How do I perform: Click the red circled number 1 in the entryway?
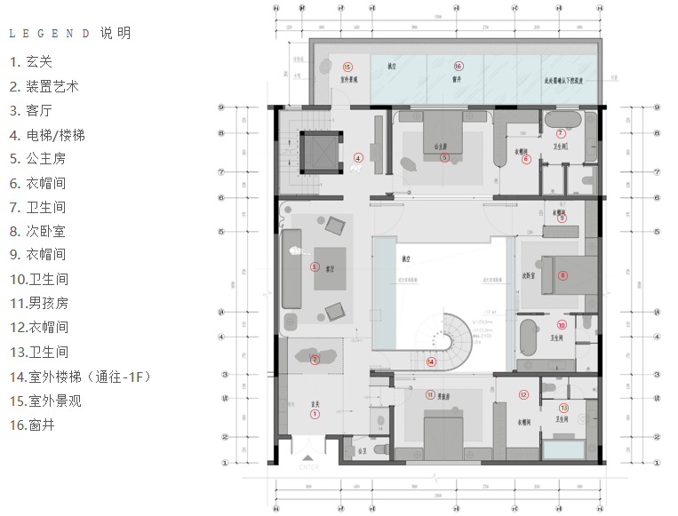coord(314,414)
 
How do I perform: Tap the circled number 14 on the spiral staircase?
coord(431,361)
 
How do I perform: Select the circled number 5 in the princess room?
coord(445,157)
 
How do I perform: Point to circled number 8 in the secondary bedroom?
coord(562,275)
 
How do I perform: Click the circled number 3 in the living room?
coord(314,266)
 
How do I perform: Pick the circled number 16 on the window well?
coord(459,66)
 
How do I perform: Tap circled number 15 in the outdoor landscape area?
coord(347,67)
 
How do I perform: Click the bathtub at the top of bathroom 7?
coord(560,119)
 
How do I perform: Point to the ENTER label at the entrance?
coord(308,467)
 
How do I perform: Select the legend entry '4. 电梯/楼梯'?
coord(60,136)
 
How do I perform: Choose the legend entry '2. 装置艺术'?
coord(44,87)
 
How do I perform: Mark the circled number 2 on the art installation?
coord(314,360)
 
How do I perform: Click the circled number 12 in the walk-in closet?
coord(524,395)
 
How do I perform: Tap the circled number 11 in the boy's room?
coord(430,395)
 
